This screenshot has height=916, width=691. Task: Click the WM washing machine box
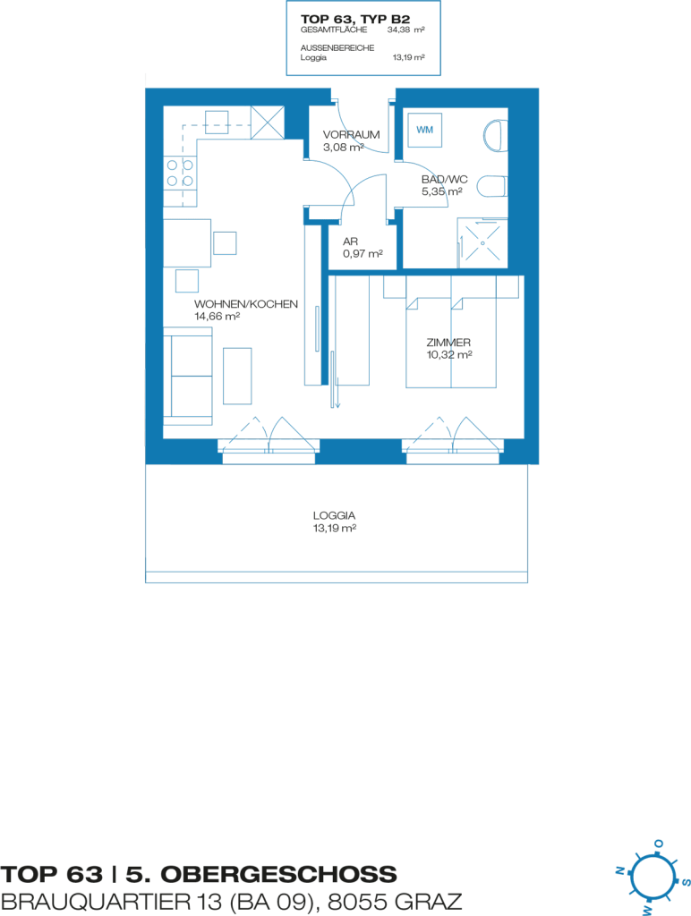pos(425,130)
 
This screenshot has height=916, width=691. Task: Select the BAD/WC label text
pos(444,179)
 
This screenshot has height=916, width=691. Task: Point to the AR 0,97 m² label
pos(363,248)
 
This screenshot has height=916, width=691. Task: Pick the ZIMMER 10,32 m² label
pos(449,349)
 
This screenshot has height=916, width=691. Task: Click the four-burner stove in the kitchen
pos(180,174)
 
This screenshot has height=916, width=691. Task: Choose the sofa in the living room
pos(188,376)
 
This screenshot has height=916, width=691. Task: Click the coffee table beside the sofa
pos(237,377)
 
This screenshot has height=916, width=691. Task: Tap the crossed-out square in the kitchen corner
pos(267,123)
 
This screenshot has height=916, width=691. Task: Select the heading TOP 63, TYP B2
pos(355,20)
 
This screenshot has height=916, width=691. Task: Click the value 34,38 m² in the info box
pos(405,30)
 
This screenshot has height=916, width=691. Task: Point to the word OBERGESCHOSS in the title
pos(279,875)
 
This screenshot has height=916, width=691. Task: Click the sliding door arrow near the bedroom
pos(335,379)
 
